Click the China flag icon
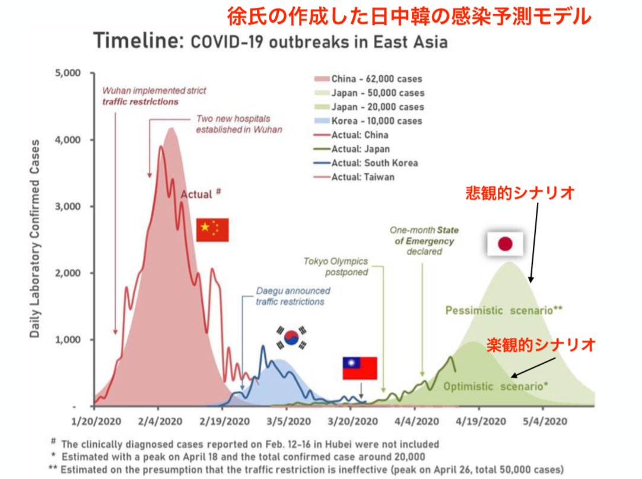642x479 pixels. (212, 230)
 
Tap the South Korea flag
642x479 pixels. (291, 338)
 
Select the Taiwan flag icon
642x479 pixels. (360, 368)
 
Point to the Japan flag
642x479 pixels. (505, 244)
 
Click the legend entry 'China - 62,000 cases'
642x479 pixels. (368, 79)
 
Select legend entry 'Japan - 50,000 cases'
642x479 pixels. (369, 93)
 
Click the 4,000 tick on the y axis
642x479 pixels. (68, 139)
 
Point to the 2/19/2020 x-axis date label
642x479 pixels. (225, 421)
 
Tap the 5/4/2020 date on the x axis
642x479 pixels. (545, 421)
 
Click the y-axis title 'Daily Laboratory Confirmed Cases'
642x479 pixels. (35, 239)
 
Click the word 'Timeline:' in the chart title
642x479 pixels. (139, 40)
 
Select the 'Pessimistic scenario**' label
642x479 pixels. (504, 310)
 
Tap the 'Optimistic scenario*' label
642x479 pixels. (495, 386)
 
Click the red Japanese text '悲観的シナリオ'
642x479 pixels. (520, 192)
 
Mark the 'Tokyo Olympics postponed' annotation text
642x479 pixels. (336, 267)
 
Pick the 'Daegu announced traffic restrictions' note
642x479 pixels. (293, 296)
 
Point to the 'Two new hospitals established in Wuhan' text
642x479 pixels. (239, 124)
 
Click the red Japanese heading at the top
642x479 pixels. (409, 17)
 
